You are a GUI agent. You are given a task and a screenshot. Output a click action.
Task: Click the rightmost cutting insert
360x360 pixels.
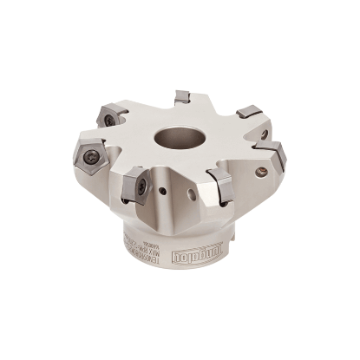point(274,156)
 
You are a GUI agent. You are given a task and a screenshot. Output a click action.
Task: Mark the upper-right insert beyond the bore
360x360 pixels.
point(249,112)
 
